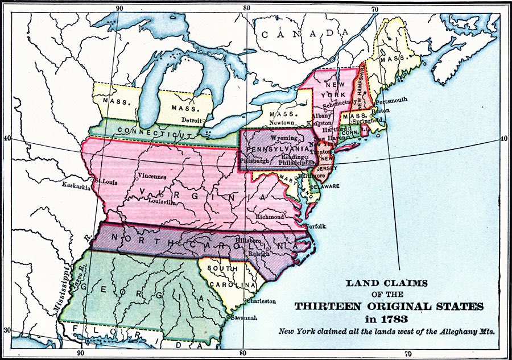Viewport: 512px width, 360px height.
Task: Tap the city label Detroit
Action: (x=192, y=120)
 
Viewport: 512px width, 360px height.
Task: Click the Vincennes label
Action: (x=152, y=176)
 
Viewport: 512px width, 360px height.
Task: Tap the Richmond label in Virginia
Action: (x=270, y=217)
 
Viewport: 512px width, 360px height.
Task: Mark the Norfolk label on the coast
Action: (x=315, y=226)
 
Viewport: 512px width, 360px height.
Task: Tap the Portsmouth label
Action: (x=391, y=100)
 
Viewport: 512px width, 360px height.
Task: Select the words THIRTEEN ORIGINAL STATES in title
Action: (x=389, y=307)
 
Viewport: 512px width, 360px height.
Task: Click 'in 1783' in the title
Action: (x=389, y=319)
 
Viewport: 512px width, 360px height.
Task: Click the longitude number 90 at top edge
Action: (x=119, y=8)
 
